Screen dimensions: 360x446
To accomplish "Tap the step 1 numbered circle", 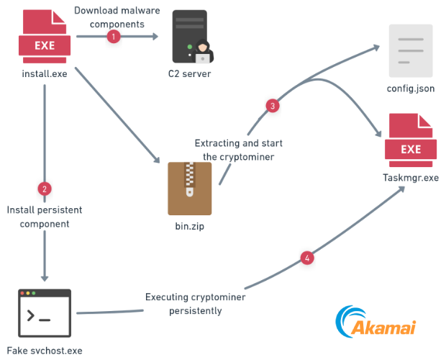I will coord(113,36).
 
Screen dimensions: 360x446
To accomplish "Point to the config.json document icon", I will coord(411,50).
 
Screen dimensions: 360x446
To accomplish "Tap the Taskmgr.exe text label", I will coord(411,179).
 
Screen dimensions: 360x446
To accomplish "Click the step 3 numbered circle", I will coord(272,106).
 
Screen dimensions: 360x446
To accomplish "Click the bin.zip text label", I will coord(190,226).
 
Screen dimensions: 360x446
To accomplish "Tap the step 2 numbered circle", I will coord(45,189).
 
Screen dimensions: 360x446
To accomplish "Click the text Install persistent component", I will coord(45,217).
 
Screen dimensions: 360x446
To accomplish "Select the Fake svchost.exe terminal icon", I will coord(45,314).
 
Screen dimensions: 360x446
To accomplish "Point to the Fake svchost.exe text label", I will coord(45,351).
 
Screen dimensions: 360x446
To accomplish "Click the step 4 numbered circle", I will coord(307,257).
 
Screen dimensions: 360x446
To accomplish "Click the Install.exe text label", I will coord(44,73).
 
